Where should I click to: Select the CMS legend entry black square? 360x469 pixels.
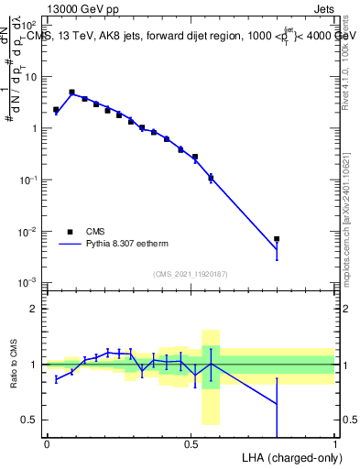pyautogui.click(x=71, y=232)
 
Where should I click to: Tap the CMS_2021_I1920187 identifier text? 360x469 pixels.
pyautogui.click(x=191, y=274)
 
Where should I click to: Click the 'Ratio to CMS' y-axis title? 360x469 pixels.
pyautogui.click(x=13, y=365)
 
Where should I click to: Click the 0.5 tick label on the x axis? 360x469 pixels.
pyautogui.click(x=191, y=442)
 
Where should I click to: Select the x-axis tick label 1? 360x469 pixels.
pyautogui.click(x=335, y=442)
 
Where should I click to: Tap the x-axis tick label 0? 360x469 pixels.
pyautogui.click(x=47, y=442)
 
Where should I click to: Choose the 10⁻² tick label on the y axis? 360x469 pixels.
pyautogui.click(x=29, y=232)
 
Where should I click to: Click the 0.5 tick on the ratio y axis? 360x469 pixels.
pyautogui.click(x=30, y=420)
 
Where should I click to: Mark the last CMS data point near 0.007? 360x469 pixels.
pyautogui.click(x=277, y=239)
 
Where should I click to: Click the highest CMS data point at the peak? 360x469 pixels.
pyautogui.click(x=71, y=92)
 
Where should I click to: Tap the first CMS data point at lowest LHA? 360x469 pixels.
pyautogui.click(x=56, y=109)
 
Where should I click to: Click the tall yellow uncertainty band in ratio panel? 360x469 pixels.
pyautogui.click(x=210, y=376)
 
